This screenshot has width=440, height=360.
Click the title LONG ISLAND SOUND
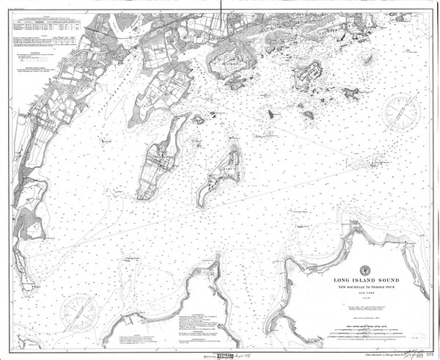click(x=364, y=279)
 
